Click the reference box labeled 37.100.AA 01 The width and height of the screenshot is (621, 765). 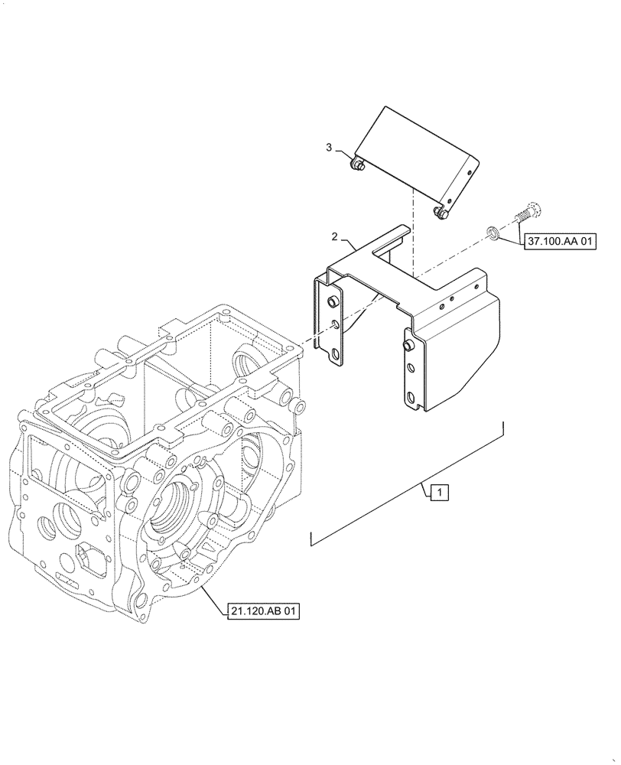(560, 242)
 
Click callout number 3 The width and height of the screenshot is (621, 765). (329, 147)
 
